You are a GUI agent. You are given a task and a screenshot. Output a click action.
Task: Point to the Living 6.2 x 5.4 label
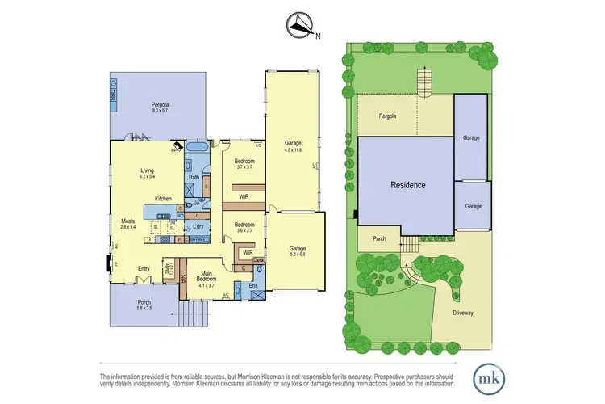pos(148,173)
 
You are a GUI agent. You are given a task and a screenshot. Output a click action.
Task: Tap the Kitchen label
pos(164,198)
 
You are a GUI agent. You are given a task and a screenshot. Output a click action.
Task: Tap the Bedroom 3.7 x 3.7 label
pos(244,164)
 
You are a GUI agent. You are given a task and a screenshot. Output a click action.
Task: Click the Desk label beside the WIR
pos(258,260)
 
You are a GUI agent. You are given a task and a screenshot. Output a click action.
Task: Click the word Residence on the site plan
pos(408,185)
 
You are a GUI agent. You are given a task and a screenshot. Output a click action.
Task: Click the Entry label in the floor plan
pos(144,269)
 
